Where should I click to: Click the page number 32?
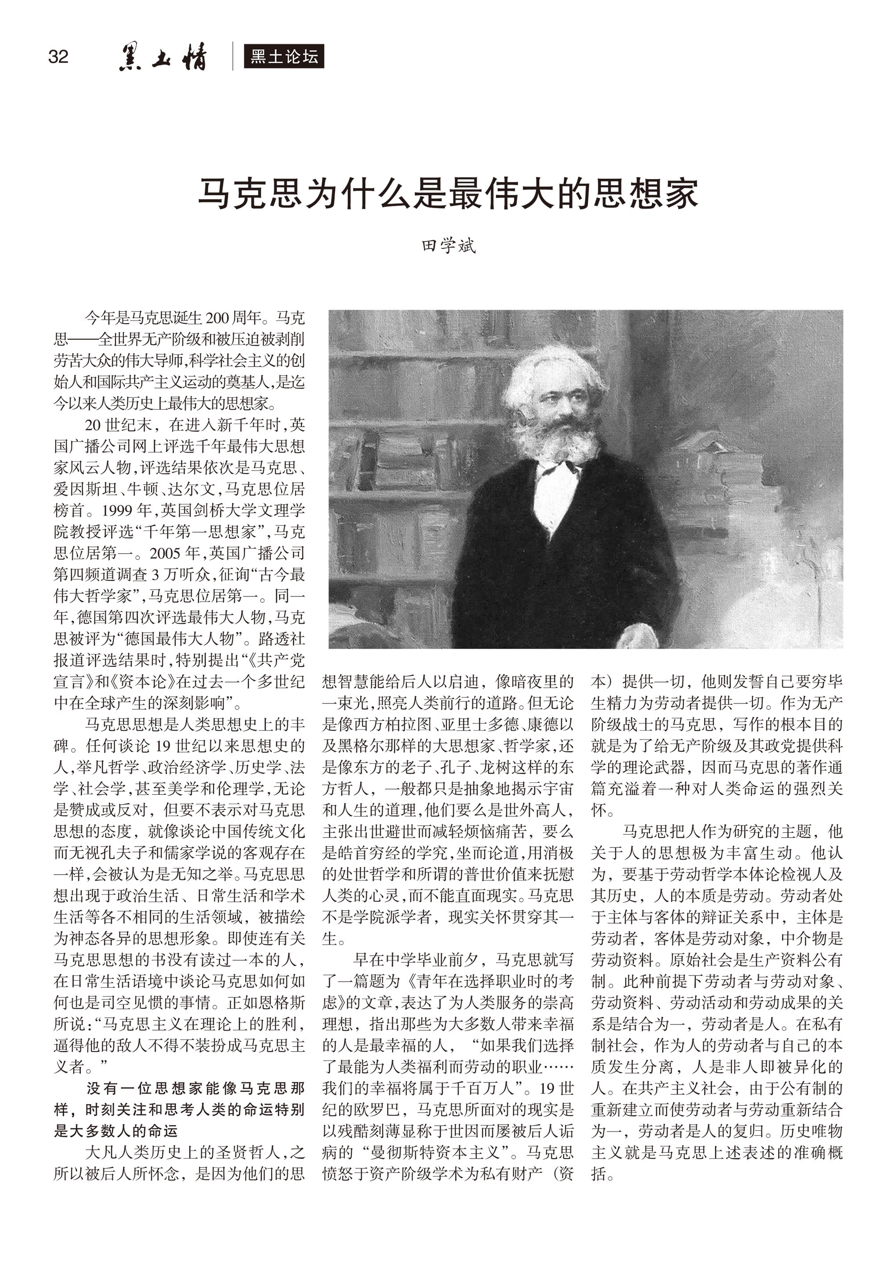58,57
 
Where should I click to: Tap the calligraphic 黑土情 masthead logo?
162,57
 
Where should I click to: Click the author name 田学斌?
448,246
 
